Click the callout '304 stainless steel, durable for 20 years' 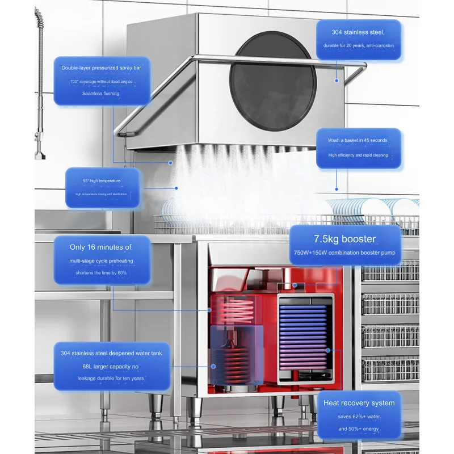[x=358, y=39]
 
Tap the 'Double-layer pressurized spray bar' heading [x=102, y=68]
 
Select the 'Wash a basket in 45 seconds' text [x=358, y=140]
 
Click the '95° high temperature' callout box [x=102, y=187]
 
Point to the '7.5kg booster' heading [x=344, y=239]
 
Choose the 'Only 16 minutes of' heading [x=101, y=247]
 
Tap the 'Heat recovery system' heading [x=359, y=403]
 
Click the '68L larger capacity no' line [x=111, y=365]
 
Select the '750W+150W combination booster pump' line [x=344, y=253]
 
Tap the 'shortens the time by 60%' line [x=101, y=273]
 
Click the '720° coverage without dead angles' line [x=101, y=81]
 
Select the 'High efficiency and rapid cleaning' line [x=358, y=155]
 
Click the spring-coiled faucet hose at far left [x=40, y=74]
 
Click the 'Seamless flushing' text [x=101, y=93]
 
